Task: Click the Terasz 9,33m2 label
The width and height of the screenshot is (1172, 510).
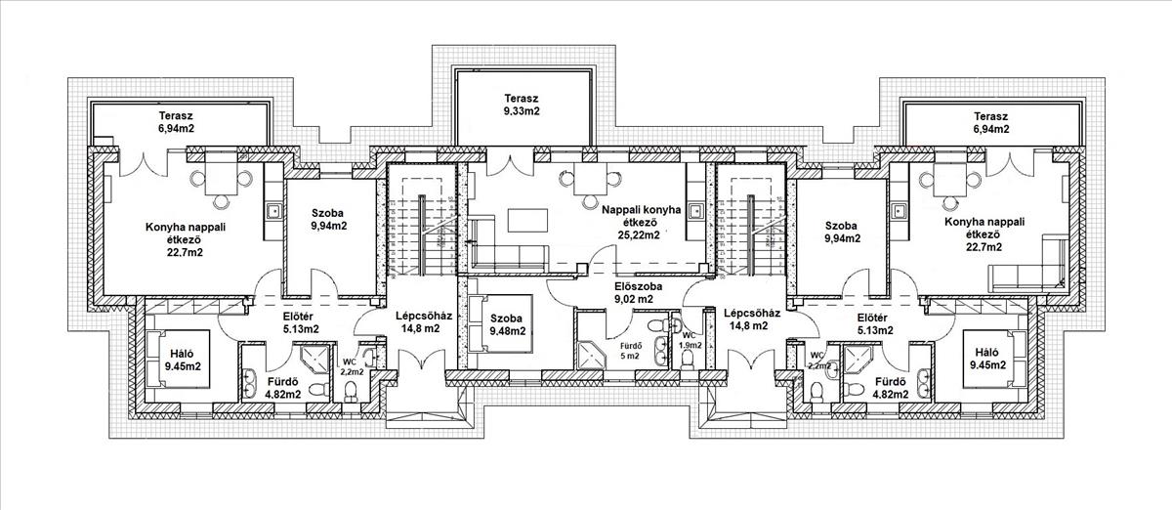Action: pyautogui.click(x=522, y=105)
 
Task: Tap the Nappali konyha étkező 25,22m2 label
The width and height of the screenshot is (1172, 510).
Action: pyautogui.click(x=641, y=223)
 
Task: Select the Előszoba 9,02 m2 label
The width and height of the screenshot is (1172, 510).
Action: pyautogui.click(x=638, y=293)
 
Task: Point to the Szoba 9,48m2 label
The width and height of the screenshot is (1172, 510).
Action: pyautogui.click(x=508, y=324)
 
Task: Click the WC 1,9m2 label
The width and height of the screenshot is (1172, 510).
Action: pyautogui.click(x=690, y=340)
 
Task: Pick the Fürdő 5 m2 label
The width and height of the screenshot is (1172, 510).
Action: pyautogui.click(x=630, y=351)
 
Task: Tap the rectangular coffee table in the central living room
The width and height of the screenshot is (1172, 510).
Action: pyautogui.click(x=528, y=221)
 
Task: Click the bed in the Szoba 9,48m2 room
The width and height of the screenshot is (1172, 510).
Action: pyautogui.click(x=500, y=323)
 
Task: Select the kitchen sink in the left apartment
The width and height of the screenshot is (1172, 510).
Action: pyautogui.click(x=272, y=211)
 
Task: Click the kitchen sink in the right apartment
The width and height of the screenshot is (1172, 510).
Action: pyautogui.click(x=899, y=210)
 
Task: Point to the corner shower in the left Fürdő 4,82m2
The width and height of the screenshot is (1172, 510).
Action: pyautogui.click(x=314, y=359)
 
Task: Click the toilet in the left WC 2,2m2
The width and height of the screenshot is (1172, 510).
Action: pyautogui.click(x=351, y=390)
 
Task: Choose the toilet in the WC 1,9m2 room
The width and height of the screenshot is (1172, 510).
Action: pyautogui.click(x=688, y=360)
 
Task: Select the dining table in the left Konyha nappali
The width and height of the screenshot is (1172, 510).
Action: pyautogui.click(x=221, y=179)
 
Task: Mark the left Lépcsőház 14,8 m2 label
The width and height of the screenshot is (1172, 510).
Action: pyautogui.click(x=423, y=322)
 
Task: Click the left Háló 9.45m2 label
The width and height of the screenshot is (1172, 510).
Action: pyautogui.click(x=183, y=360)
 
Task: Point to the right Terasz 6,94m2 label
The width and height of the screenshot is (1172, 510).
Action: pyautogui.click(x=990, y=122)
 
